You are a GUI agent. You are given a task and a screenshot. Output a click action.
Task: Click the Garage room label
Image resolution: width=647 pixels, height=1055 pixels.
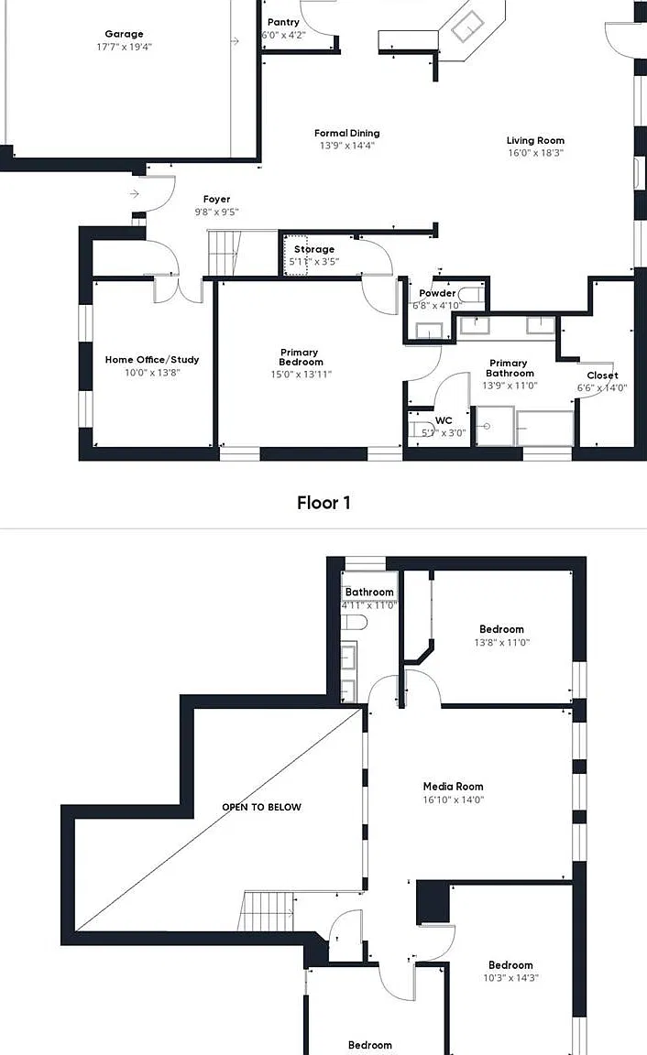(124, 34)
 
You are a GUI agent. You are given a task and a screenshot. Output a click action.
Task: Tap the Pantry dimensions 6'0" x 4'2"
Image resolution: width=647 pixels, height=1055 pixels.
(283, 35)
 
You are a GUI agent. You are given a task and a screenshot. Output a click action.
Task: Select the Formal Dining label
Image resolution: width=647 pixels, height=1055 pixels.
(346, 133)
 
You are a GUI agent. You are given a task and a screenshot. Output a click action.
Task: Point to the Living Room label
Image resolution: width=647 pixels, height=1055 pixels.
(535, 141)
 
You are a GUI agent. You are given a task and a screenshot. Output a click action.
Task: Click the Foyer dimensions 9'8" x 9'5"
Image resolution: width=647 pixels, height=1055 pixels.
(217, 212)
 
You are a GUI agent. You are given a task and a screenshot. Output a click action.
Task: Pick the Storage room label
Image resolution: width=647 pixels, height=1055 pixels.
(314, 249)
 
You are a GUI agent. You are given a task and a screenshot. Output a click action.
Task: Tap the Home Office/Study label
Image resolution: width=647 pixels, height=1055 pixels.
(152, 360)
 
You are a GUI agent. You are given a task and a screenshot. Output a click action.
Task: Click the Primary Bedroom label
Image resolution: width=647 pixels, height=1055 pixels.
(301, 357)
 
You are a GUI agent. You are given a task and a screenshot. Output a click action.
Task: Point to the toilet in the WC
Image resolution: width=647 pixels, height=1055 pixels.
(420, 429)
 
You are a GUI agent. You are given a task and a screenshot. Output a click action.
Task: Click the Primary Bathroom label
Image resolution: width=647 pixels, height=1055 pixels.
(510, 368)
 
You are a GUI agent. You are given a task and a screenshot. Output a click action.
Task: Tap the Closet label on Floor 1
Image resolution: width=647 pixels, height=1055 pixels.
(603, 375)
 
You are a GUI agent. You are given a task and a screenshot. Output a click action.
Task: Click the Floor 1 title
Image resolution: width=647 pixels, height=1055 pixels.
(323, 503)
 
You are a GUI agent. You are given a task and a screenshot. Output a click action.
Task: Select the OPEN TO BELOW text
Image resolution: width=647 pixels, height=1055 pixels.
(262, 807)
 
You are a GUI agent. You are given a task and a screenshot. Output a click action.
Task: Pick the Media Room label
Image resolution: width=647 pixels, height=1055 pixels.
(453, 786)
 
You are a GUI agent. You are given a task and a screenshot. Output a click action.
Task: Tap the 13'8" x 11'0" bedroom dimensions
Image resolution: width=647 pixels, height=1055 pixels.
(501, 643)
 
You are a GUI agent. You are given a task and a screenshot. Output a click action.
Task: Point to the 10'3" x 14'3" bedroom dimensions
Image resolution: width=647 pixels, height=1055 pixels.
(511, 978)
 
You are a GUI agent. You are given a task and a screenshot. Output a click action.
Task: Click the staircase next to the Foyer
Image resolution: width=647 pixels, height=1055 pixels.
(223, 253)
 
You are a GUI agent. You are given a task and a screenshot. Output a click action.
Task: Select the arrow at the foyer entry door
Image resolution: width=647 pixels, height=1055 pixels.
(134, 194)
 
